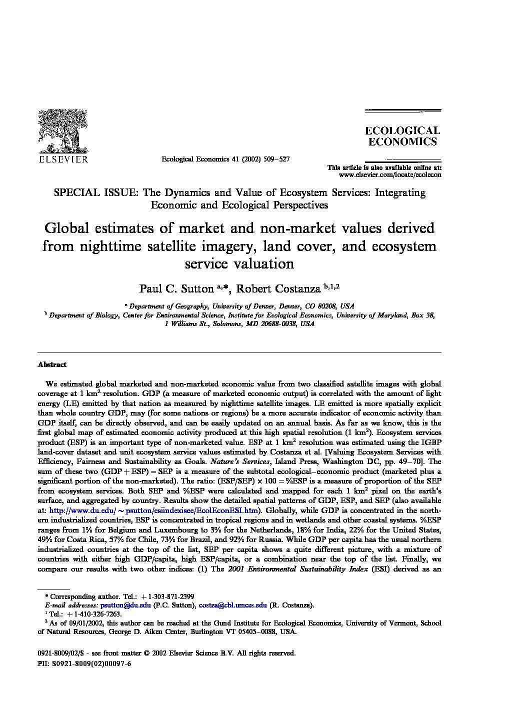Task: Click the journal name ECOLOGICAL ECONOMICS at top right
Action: pyautogui.click(x=402, y=136)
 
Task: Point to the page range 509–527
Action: pyautogui.click(x=272, y=159)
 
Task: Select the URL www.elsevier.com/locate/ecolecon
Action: pyautogui.click(x=390, y=175)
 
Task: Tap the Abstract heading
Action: pyautogui.click(x=52, y=364)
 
